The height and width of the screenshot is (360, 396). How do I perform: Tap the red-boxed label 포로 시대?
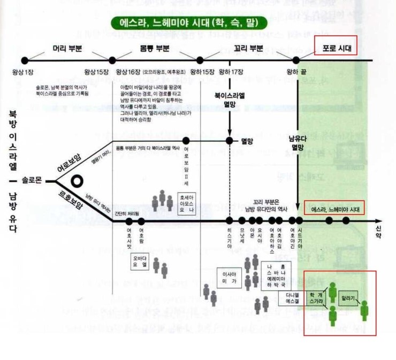coord(337,49)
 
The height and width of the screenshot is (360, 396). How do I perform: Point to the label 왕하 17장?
coord(231,71)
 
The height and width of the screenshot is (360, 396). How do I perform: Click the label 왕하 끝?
coord(296,71)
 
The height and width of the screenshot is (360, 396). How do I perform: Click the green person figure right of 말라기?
coord(365,310)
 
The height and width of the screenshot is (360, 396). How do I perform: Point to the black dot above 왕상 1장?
coord(24,60)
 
